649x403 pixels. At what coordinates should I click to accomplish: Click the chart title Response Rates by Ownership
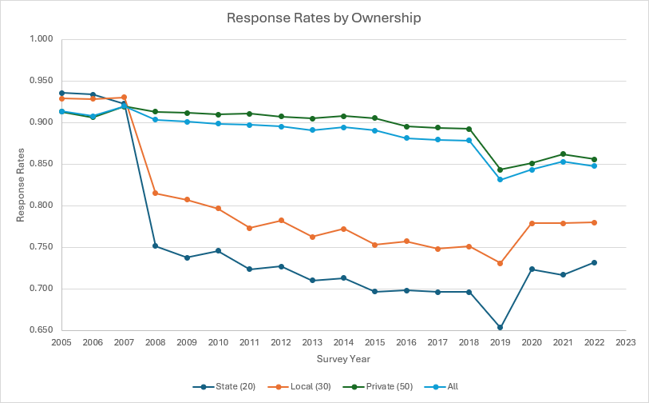click(x=324, y=18)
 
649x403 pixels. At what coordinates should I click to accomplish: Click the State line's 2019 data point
click(x=501, y=327)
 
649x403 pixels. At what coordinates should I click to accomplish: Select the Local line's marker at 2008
click(x=156, y=194)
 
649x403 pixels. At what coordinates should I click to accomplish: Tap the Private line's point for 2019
click(x=501, y=170)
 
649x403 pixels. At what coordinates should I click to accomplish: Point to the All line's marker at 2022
click(x=594, y=166)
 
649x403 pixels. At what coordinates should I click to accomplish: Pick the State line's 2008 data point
click(x=156, y=245)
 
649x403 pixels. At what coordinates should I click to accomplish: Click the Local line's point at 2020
click(x=532, y=223)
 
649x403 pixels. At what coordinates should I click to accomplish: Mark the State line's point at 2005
click(x=61, y=93)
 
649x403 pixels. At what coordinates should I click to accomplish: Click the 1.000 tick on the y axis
click(x=41, y=39)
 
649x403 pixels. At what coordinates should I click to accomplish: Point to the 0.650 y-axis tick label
click(x=41, y=330)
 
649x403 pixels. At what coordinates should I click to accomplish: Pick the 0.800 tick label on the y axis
click(x=41, y=205)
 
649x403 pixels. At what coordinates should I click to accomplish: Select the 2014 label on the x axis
click(x=343, y=342)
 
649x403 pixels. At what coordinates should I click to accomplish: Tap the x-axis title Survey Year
click(x=343, y=359)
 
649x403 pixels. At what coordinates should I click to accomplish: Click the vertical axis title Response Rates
click(x=21, y=185)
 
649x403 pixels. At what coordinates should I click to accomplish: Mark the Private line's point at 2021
click(x=563, y=154)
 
